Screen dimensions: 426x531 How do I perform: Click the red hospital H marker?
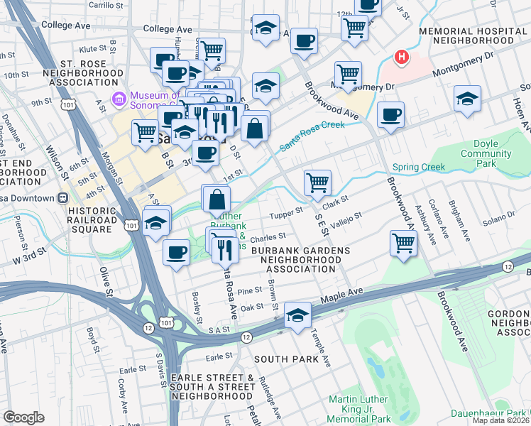tap(403, 57)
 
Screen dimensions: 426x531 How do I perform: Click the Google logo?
tap(23, 417)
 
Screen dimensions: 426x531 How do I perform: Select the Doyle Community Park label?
tap(486, 153)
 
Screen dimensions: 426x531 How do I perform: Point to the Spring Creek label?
tap(418, 168)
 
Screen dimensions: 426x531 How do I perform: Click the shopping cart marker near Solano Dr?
tap(403, 243)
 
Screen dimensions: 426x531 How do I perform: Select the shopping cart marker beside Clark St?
tap(317, 182)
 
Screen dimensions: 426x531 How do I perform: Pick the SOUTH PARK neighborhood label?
tap(286, 359)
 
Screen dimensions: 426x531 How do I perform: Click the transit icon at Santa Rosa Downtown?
tap(62, 197)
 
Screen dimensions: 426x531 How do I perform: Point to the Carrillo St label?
tap(107, 6)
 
